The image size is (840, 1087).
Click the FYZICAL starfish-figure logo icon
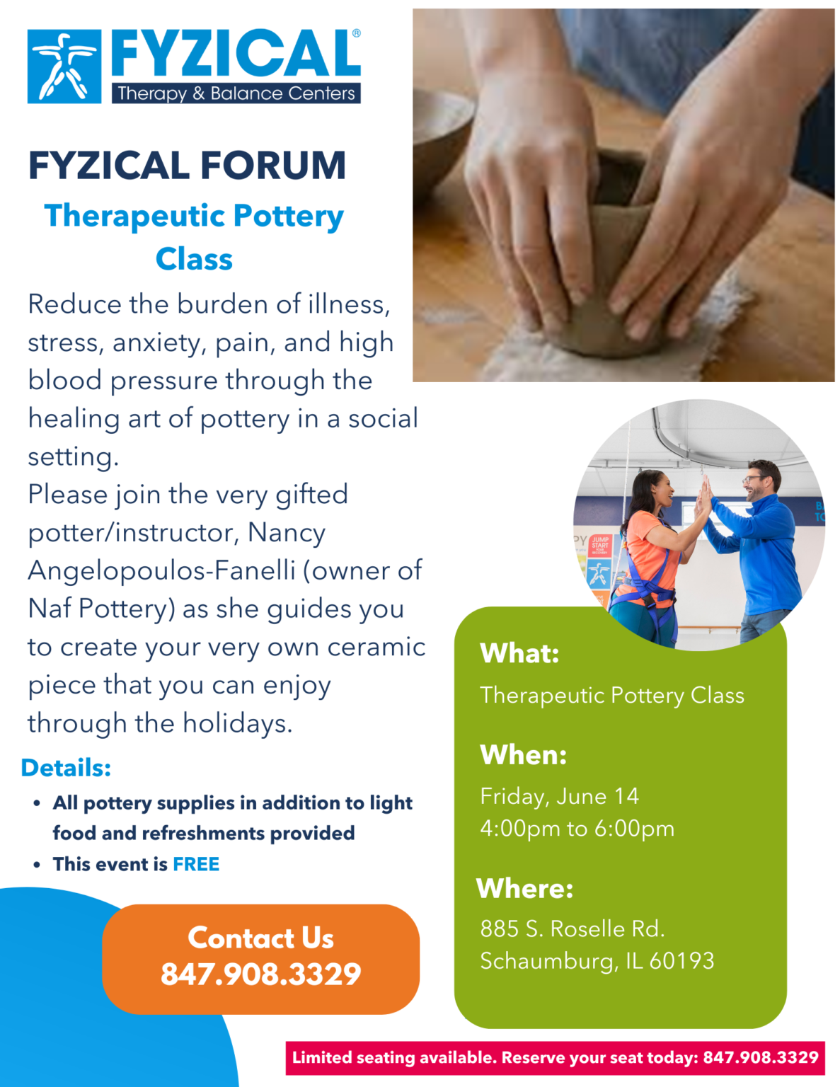click(64, 67)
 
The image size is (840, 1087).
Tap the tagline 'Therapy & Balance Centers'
click(236, 93)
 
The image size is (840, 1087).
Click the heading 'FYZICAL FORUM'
click(187, 166)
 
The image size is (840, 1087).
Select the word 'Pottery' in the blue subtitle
click(288, 217)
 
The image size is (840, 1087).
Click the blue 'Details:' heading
click(66, 768)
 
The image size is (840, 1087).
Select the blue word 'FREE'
click(196, 864)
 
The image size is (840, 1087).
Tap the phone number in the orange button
click(260, 974)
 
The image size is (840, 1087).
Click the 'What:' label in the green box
click(519, 653)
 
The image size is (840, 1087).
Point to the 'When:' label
click(523, 755)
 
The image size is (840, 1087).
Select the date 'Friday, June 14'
click(559, 796)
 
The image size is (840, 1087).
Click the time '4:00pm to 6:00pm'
click(577, 829)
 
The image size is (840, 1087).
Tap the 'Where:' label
click(524, 888)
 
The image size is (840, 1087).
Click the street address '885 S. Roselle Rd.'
click(572, 928)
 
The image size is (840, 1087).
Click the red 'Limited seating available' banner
click(555, 1058)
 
